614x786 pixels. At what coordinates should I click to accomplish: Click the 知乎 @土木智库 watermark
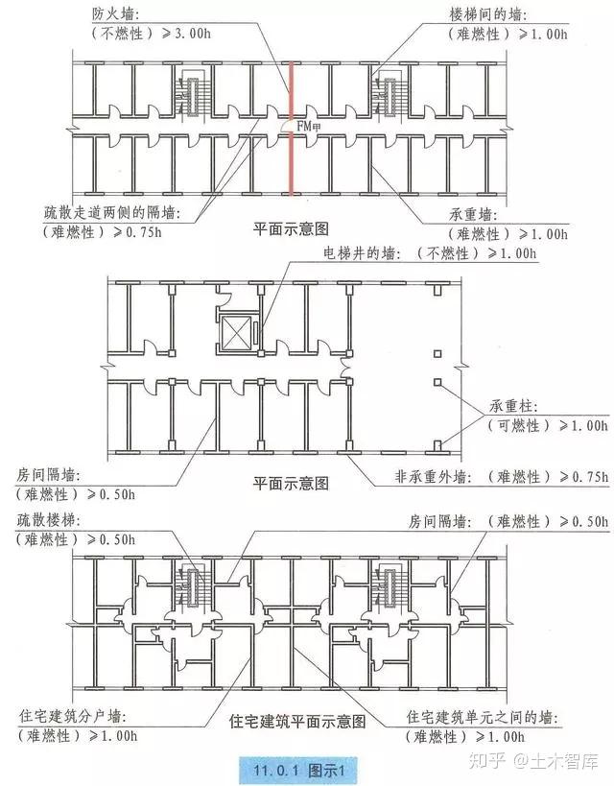541,762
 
